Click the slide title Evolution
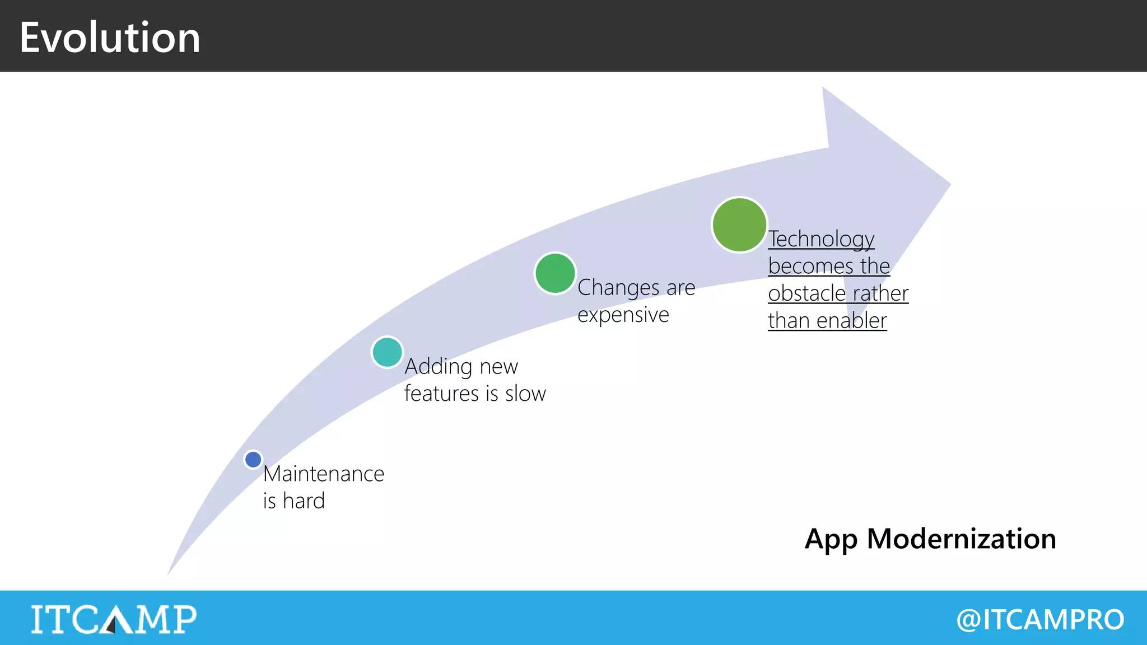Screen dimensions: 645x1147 coord(110,38)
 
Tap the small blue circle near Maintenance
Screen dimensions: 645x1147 coord(253,460)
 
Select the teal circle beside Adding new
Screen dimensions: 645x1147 coord(387,352)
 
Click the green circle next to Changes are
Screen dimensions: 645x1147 coord(555,273)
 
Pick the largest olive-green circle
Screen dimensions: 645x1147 coord(739,225)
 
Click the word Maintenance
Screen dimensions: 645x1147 coord(324,474)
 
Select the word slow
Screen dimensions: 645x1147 coord(525,394)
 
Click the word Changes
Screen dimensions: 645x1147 coord(618,288)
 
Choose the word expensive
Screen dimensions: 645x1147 coord(623,315)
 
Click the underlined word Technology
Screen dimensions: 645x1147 coord(821,239)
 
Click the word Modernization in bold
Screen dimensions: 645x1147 coord(961,539)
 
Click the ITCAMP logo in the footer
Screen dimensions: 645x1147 coord(114,619)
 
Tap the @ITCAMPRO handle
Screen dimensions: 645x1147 coord(1040,619)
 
